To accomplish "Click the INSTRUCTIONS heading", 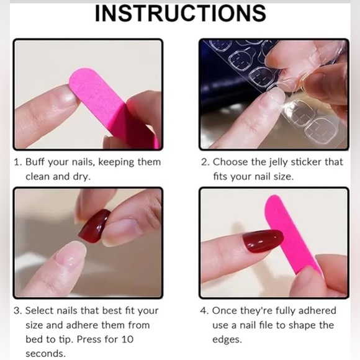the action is point(181,13).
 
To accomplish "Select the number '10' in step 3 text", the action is point(127,340).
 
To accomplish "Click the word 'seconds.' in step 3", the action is point(45,354).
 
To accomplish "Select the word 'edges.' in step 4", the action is point(227,340).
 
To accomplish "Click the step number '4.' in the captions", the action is point(204,310).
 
